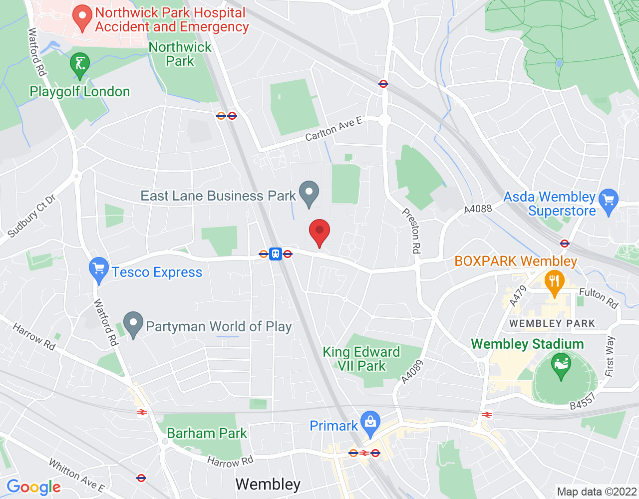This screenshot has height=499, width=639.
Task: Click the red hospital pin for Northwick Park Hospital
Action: coord(82,17)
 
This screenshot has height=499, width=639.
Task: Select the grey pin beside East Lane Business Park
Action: coord(309,193)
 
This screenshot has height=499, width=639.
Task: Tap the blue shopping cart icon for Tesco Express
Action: coord(98,269)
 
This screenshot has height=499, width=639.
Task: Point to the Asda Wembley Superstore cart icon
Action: coord(608,201)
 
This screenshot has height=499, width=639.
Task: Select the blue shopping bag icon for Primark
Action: coord(370,423)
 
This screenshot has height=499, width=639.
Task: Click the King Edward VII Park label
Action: coord(361,359)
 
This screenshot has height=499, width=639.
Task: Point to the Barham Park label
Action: coord(207,433)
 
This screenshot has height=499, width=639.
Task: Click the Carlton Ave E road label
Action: coord(333,129)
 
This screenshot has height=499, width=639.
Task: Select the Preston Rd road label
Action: coord(412,231)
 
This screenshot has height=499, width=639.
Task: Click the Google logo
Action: coord(33,487)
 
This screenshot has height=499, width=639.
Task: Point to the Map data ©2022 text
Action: coord(597,492)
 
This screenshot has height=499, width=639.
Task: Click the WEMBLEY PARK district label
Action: coord(552,323)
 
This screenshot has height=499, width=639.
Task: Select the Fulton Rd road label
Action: coord(599,298)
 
